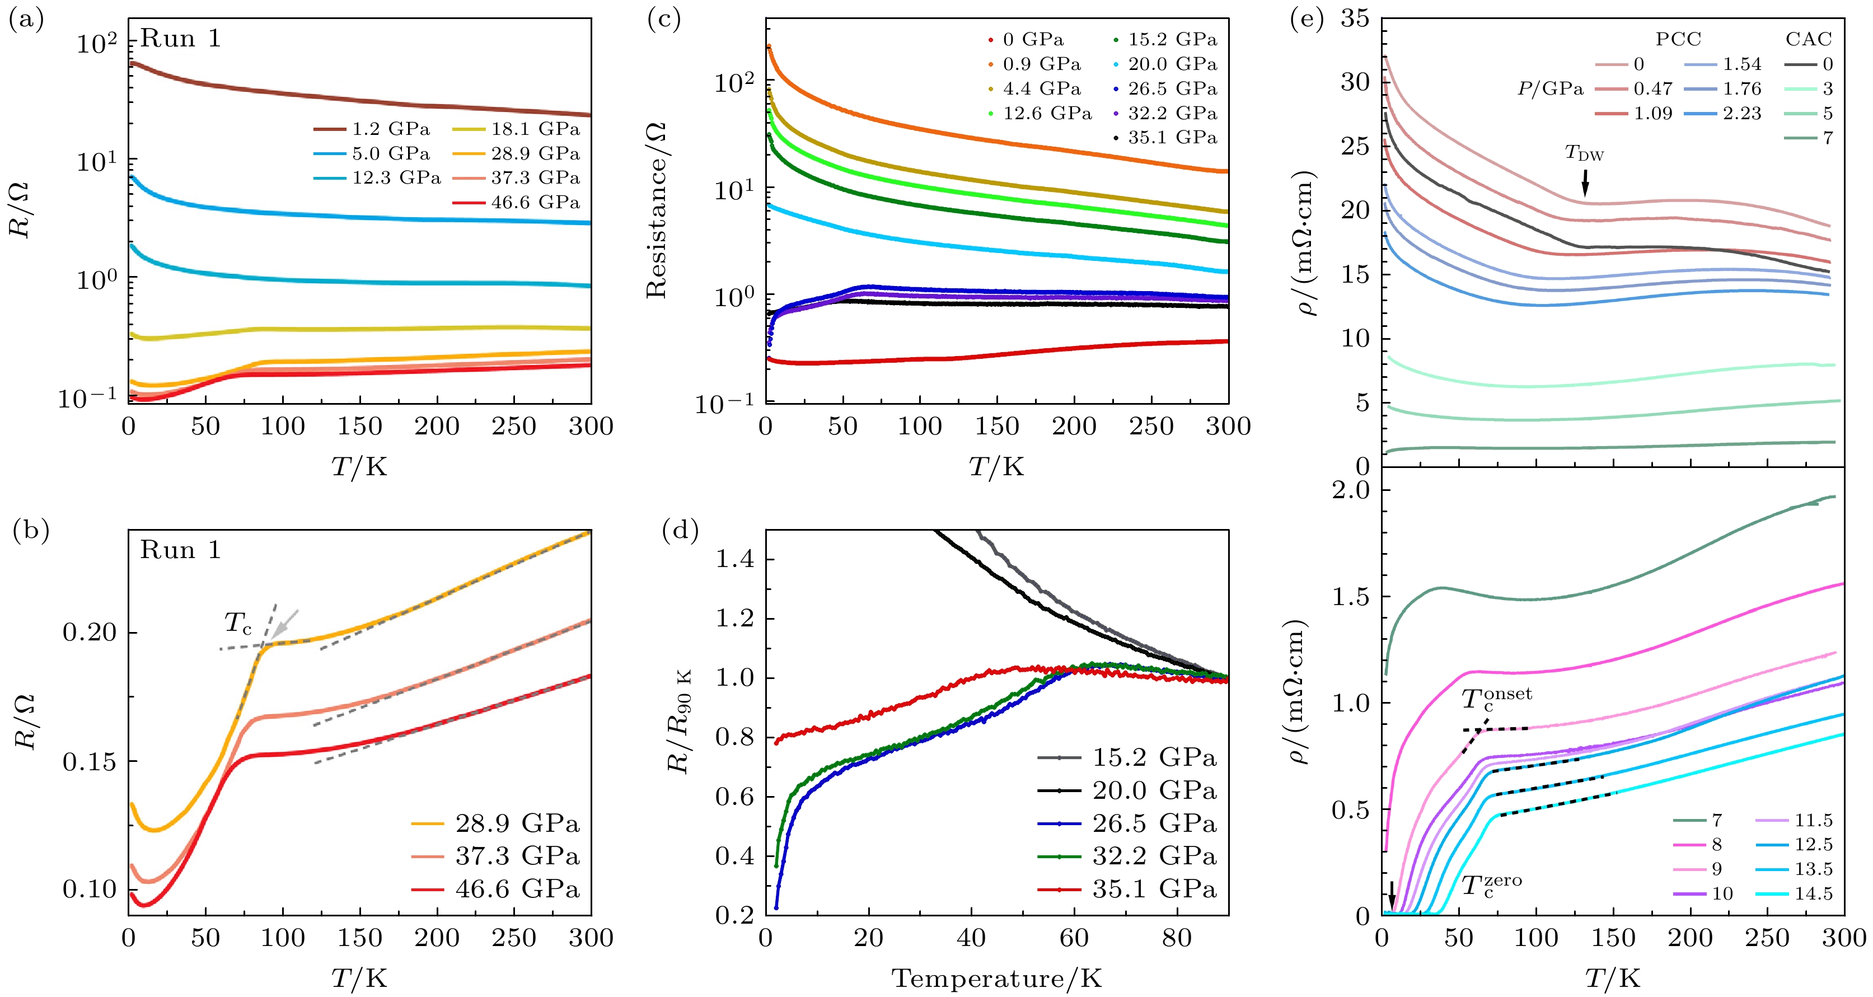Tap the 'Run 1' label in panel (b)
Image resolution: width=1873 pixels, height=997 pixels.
point(180,550)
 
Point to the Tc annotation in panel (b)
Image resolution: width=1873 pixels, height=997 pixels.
point(238,623)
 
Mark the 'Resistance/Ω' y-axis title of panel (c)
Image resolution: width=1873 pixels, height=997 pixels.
point(656,211)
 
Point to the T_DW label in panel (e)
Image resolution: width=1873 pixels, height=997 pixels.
point(1584,153)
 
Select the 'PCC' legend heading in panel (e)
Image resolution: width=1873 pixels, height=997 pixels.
point(1678,39)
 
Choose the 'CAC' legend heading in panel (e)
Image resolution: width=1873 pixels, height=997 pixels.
point(1808,39)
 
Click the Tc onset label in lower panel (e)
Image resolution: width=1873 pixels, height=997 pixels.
point(1496,699)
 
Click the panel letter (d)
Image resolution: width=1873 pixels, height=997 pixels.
point(680,531)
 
